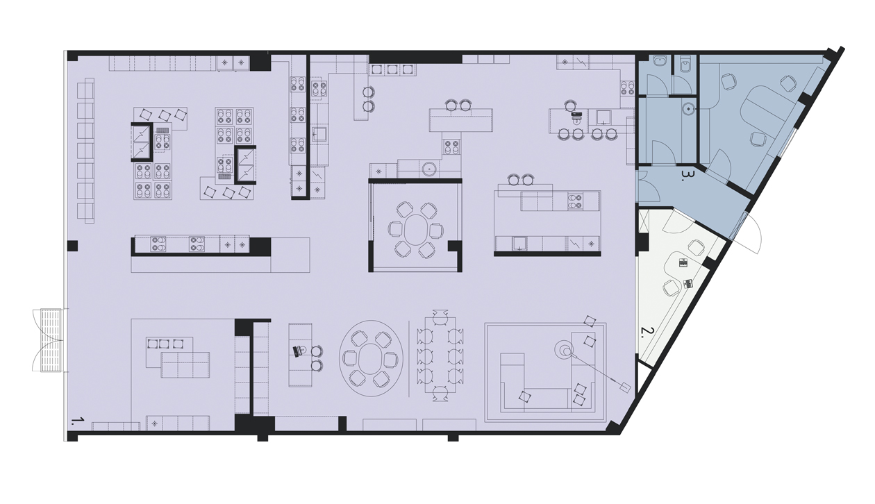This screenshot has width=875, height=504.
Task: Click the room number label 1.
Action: [x=77, y=421]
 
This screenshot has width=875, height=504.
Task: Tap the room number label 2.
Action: [x=647, y=333]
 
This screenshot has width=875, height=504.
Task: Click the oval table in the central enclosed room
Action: [x=415, y=230]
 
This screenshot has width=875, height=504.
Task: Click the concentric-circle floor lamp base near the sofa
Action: [x=565, y=351]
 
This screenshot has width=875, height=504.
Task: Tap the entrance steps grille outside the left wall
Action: [x=51, y=340]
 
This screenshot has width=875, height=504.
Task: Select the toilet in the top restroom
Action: [x=685, y=65]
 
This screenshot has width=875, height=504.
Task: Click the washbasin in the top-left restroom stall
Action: [x=660, y=61]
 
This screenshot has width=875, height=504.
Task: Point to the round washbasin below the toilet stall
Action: [x=688, y=108]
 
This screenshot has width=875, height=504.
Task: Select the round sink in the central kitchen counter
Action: [x=429, y=169]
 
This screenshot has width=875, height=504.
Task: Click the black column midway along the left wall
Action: [x=72, y=246]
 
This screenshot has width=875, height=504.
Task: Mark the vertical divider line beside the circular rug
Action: [x=409, y=359]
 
